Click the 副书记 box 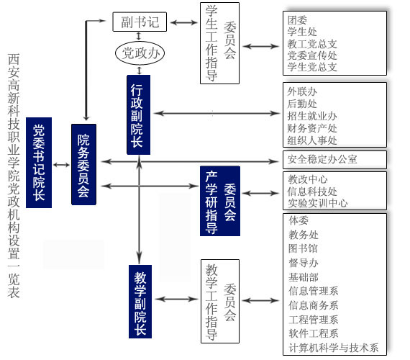140,22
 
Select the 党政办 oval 140,53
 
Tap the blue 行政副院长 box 138,114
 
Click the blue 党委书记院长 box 39,163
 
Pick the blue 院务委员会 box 83,164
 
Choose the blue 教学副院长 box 140,302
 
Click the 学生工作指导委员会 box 219,43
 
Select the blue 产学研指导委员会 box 220,201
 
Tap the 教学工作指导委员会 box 220,302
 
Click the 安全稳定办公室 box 334,159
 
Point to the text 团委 297,20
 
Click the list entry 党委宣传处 312,55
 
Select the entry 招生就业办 312,116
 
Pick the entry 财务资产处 312,128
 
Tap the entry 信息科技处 312,192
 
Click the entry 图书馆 303,248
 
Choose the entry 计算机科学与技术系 334,348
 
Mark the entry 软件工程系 313,333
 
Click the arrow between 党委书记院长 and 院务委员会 61,165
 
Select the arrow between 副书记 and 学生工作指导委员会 184,22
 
